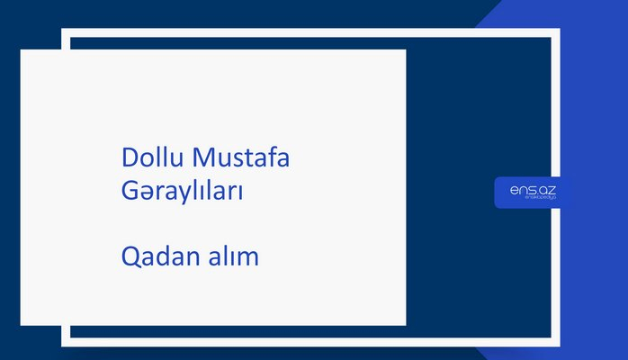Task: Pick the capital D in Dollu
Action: click(x=130, y=158)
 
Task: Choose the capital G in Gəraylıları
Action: click(x=130, y=192)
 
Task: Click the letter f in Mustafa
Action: click(x=279, y=158)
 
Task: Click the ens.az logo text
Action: click(x=532, y=189)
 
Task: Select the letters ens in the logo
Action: click(x=521, y=189)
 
